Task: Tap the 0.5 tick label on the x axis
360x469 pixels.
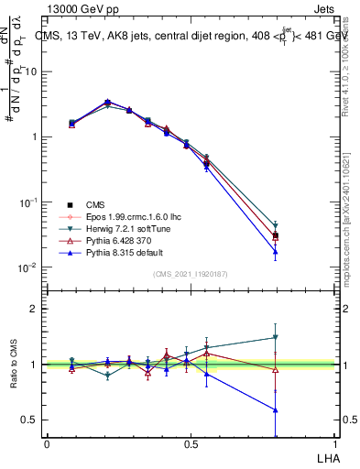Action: pos(191,443)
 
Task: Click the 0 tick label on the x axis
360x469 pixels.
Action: pos(47,443)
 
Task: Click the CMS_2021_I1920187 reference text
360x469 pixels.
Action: pos(191,275)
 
